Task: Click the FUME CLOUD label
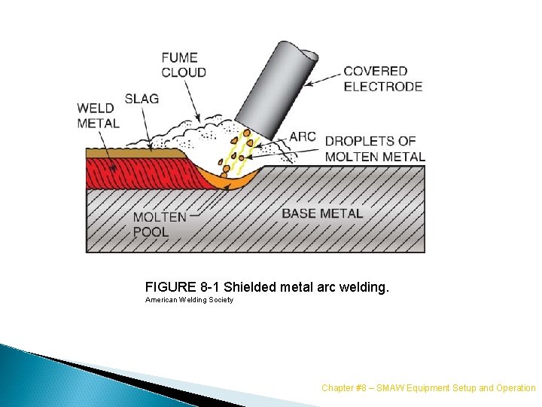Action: point(184,65)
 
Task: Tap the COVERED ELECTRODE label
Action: point(382,79)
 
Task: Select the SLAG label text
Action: point(142,99)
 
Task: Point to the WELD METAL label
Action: point(98,115)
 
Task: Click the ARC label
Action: point(303,137)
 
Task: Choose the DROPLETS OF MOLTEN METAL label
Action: point(374,148)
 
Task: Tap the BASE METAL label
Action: point(321,213)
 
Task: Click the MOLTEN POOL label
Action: point(160,224)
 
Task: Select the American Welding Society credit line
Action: point(189,300)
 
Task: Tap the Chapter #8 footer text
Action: point(428,387)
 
